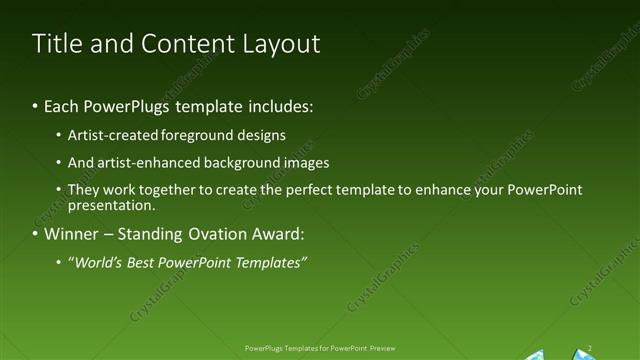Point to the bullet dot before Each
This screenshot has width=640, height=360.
pyautogui.click(x=36, y=105)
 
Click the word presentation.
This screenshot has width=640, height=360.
pyautogui.click(x=111, y=206)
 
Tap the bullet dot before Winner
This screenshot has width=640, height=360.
pyautogui.click(x=36, y=235)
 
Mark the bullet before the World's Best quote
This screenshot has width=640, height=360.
pyautogui.click(x=59, y=263)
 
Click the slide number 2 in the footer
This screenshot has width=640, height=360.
pyautogui.click(x=590, y=348)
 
